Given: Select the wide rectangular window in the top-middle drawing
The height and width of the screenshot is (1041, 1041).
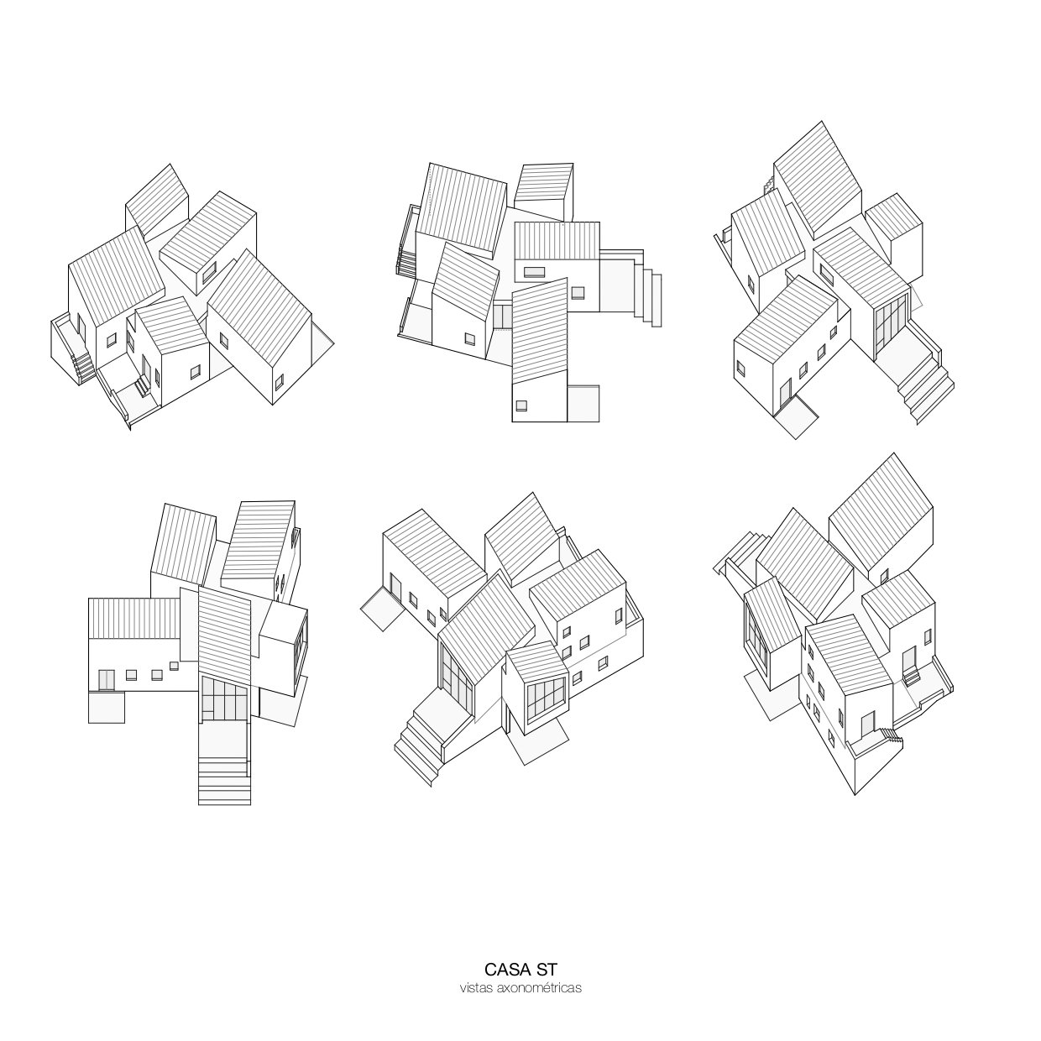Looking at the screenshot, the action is pyautogui.click(x=535, y=272).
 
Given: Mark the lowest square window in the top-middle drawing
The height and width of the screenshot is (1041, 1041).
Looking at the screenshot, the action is pyautogui.click(x=521, y=405).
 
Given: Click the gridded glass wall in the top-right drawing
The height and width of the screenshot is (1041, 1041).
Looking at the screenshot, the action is pyautogui.click(x=890, y=322).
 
